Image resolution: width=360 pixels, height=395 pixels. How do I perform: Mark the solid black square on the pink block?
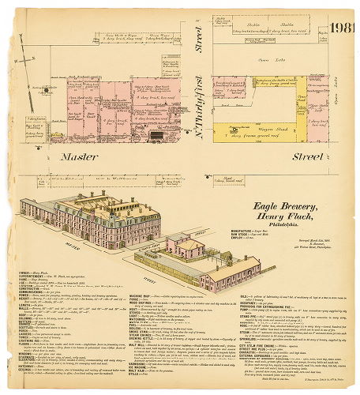[x=156, y=135]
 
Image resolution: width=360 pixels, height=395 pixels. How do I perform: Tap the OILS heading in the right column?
[x=235, y=296]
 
